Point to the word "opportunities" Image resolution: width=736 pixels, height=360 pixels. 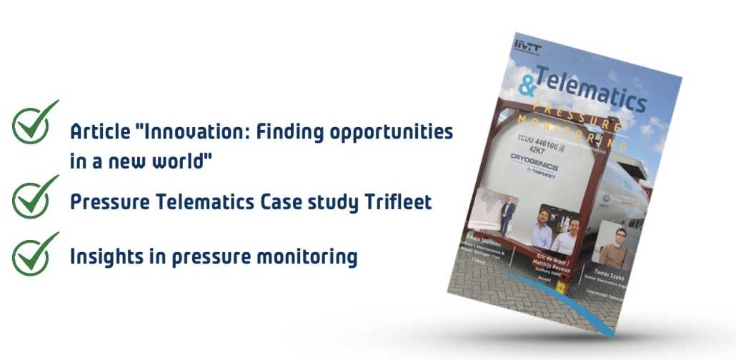pos(387,133)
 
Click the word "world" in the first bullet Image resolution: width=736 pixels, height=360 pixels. pos(176,161)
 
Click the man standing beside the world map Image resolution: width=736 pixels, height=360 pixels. pos(508,216)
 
